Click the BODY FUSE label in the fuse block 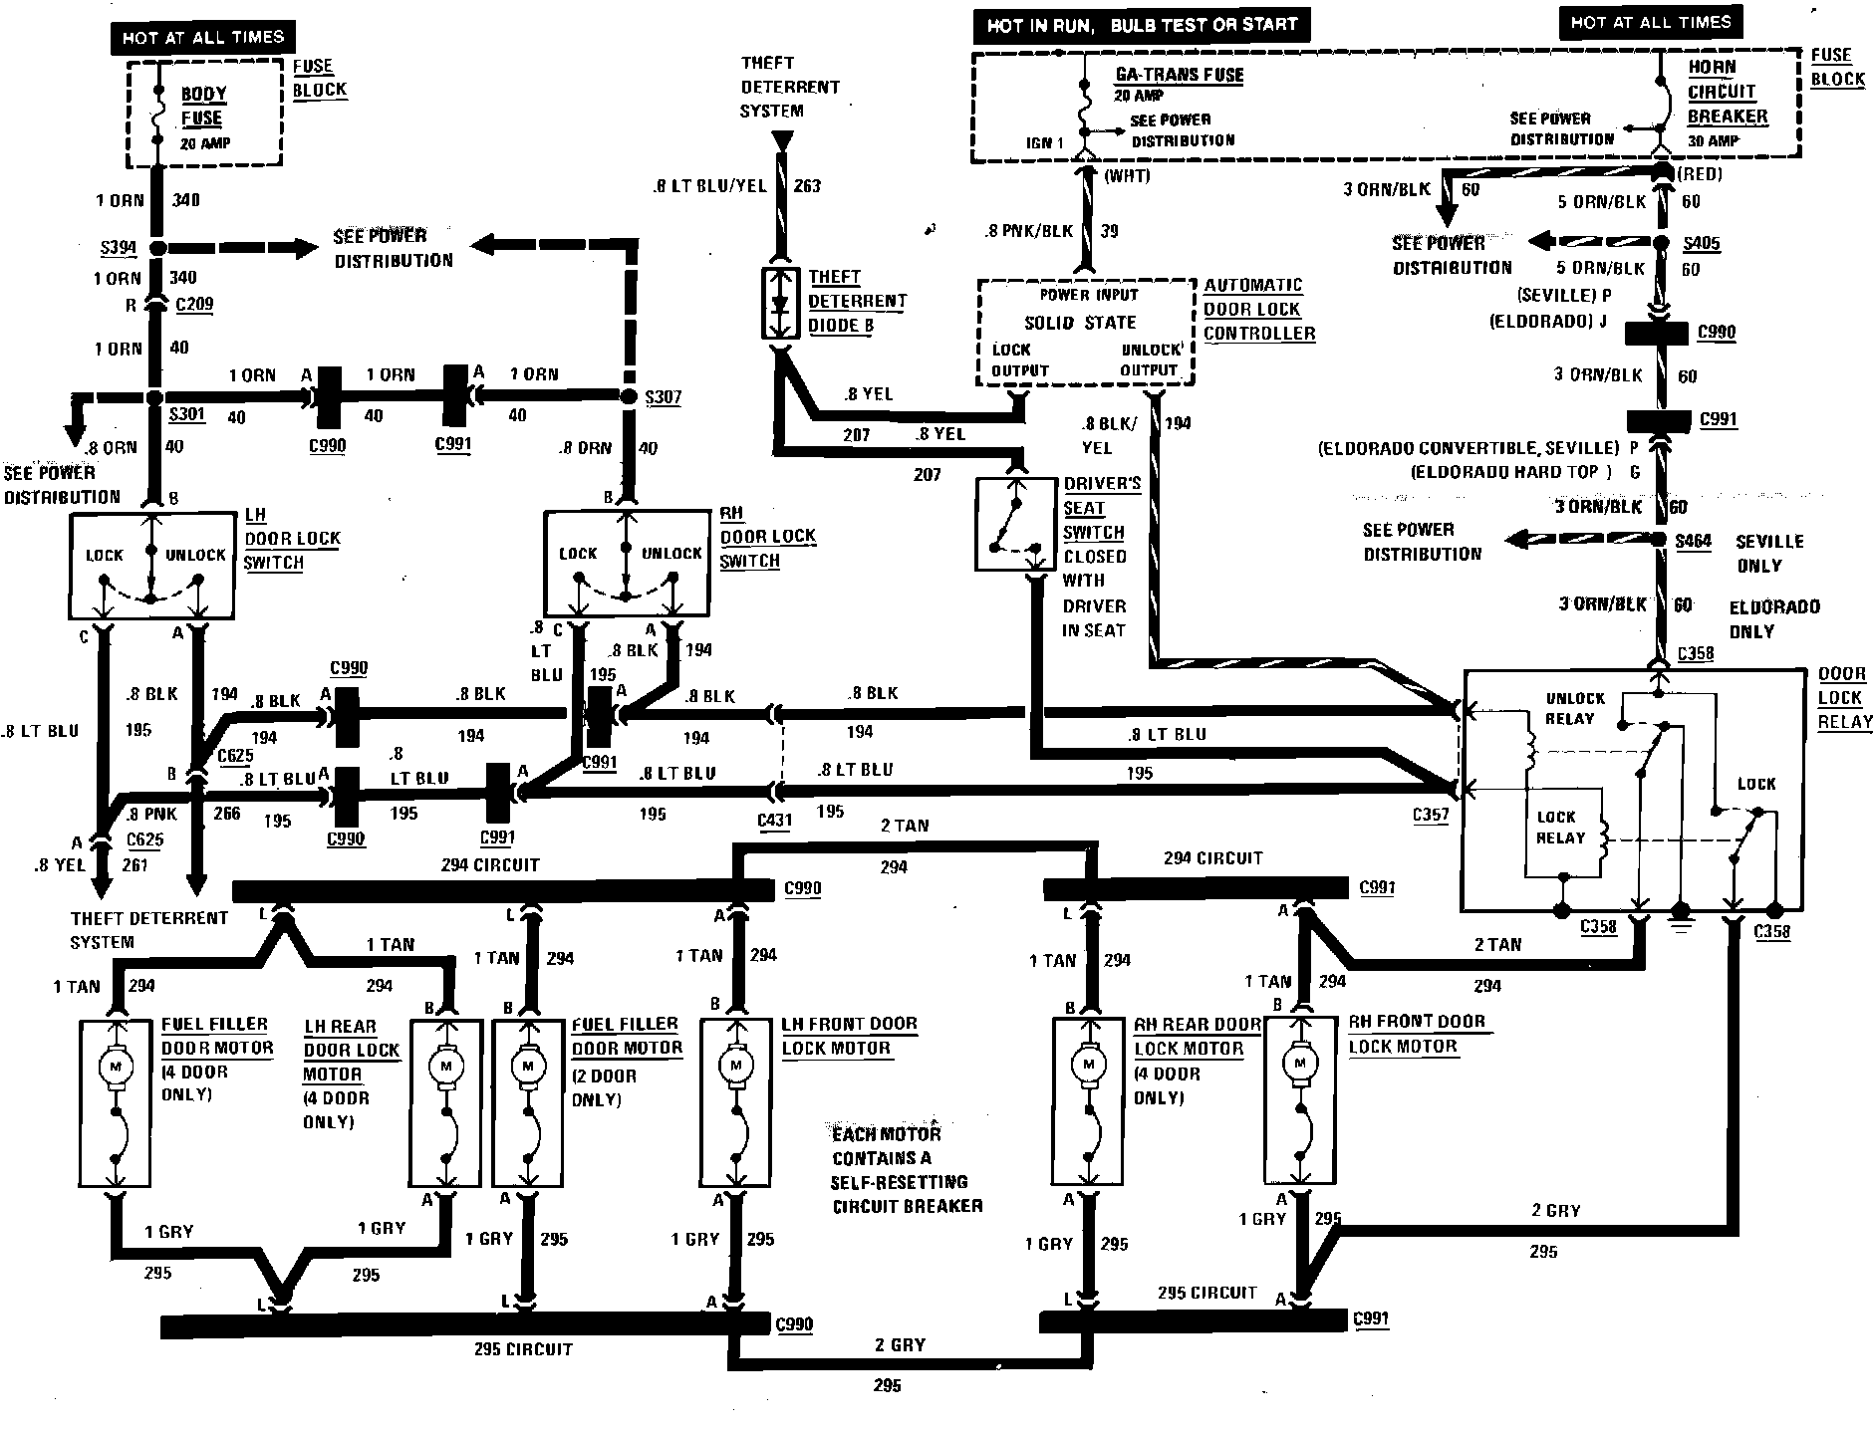204,106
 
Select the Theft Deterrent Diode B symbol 780,302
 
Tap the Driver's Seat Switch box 1016,525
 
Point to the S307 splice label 663,397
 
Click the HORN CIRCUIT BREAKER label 1727,92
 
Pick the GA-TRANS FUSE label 1180,75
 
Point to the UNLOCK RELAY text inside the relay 1575,708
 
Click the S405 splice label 1701,244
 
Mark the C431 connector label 775,821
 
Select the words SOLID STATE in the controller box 1080,323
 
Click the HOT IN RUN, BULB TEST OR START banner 1142,25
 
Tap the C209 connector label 194,305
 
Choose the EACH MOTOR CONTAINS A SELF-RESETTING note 907,1170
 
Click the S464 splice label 1693,542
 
